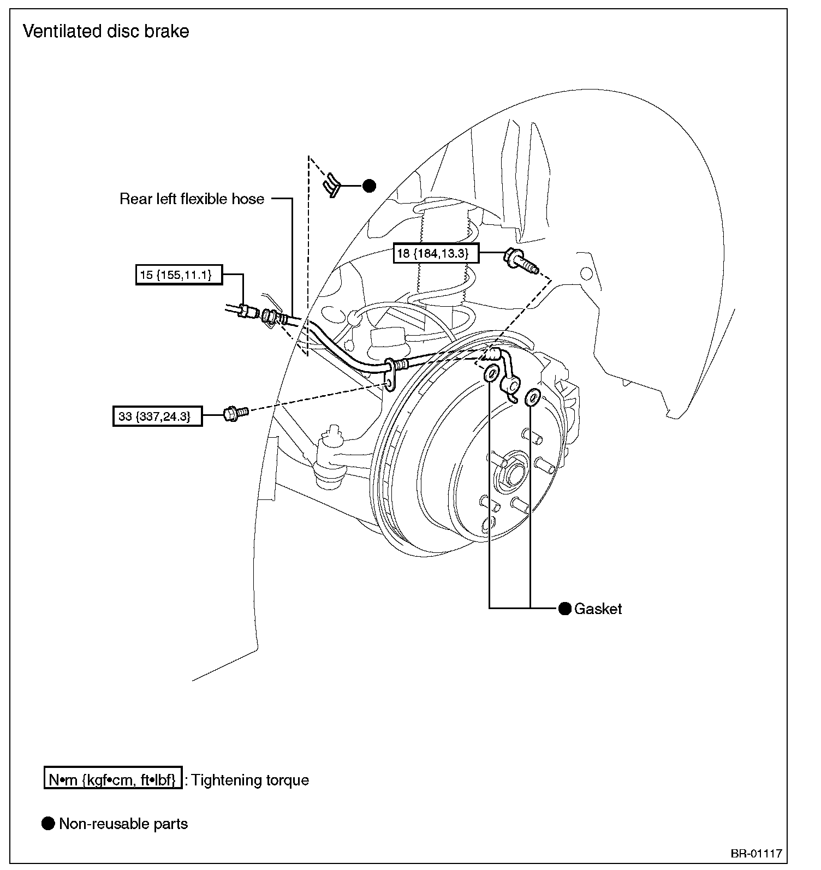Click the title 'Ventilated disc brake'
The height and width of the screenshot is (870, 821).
click(106, 31)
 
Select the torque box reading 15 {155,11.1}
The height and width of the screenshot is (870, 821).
click(179, 275)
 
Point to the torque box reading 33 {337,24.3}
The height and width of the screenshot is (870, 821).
click(158, 416)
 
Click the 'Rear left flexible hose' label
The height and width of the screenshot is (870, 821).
click(192, 199)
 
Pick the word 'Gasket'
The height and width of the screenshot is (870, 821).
click(598, 609)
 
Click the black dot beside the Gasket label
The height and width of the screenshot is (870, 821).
click(564, 608)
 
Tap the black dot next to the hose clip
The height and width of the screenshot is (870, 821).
click(370, 186)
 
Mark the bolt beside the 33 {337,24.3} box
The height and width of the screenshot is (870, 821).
click(235, 413)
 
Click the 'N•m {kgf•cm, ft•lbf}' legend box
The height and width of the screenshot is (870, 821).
click(112, 780)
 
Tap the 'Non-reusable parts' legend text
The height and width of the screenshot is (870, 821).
click(123, 824)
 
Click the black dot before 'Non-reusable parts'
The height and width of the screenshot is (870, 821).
click(48, 823)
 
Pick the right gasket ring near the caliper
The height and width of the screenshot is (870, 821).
click(531, 397)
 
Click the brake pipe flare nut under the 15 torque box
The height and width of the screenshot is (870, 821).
click(248, 312)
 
